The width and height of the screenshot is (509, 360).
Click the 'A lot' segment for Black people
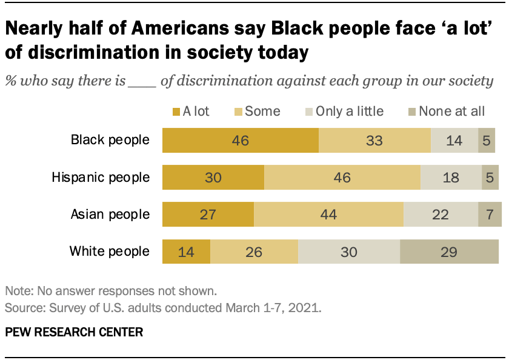tap(240, 141)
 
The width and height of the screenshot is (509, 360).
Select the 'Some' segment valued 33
tap(374, 141)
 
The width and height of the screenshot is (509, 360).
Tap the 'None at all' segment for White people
tap(449, 251)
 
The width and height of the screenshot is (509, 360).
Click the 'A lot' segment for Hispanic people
tap(213, 178)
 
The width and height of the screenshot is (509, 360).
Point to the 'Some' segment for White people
tap(254, 251)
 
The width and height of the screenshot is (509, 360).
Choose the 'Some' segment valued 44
tap(328, 215)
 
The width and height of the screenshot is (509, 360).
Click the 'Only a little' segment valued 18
tap(451, 178)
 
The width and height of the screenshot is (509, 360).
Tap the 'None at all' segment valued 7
tap(490, 215)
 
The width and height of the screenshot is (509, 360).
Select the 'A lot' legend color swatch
tap(176, 112)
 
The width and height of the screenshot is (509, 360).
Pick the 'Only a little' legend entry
tap(349, 111)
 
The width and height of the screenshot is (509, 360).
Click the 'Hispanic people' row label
tap(101, 178)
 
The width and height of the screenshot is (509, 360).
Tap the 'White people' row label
tap(109, 251)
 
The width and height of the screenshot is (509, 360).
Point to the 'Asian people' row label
tap(109, 215)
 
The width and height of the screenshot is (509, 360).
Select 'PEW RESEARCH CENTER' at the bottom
tap(74, 332)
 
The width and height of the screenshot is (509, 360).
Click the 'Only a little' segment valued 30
tap(348, 251)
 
